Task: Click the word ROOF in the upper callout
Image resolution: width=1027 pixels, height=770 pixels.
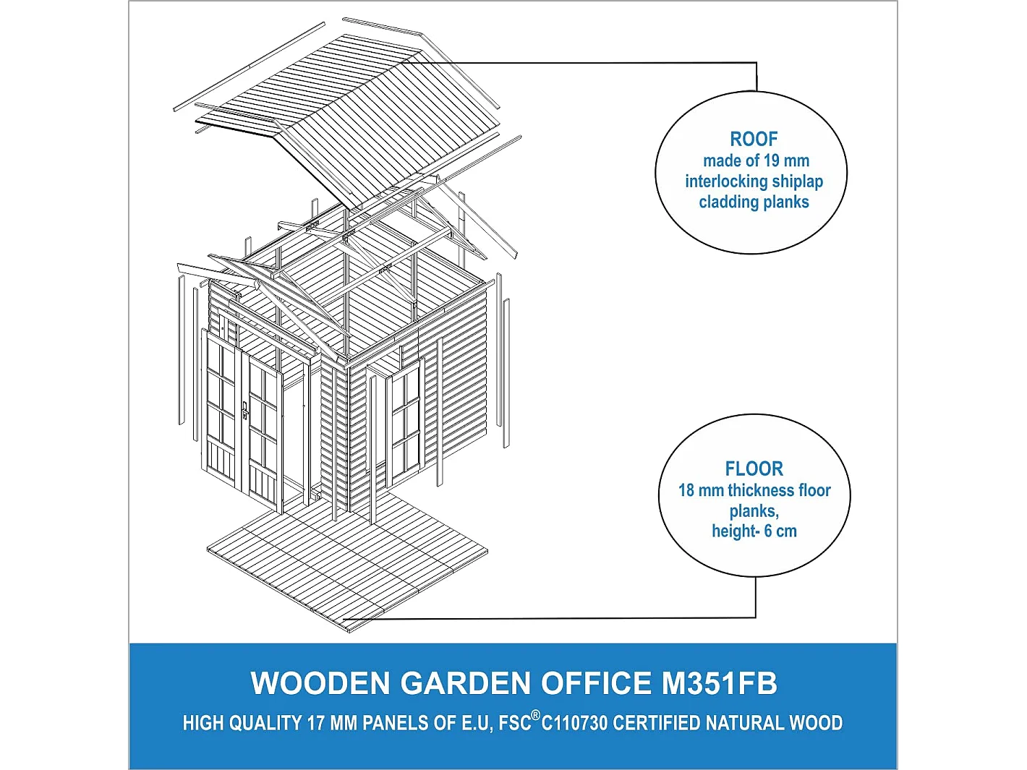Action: point(754,139)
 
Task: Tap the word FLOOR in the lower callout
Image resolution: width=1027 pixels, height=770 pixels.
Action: point(754,469)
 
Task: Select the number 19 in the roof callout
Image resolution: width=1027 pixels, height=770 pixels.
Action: point(771,161)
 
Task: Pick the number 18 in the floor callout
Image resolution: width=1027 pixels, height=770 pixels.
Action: point(686,491)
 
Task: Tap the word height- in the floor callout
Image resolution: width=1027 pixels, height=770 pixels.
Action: point(736,531)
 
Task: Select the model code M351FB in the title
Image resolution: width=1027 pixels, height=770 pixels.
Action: point(719,684)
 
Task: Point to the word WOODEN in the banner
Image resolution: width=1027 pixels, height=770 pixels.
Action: point(320,684)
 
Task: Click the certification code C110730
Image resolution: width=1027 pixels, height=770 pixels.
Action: point(574,723)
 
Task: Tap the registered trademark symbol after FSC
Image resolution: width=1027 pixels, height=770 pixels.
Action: point(536,716)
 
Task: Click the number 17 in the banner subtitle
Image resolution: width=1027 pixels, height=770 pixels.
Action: point(315,723)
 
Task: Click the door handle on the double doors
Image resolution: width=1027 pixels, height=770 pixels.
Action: point(245,410)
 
